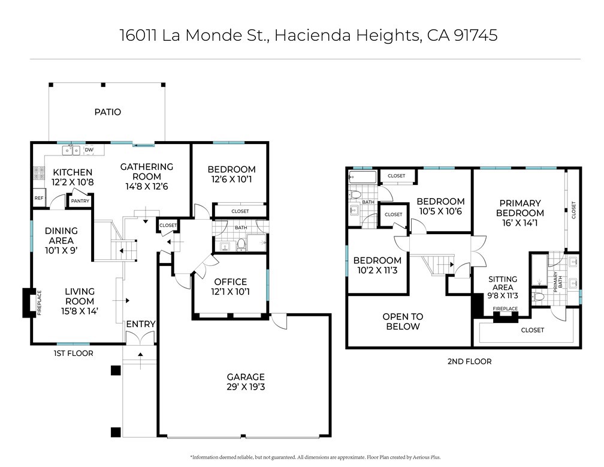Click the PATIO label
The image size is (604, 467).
coord(107,112)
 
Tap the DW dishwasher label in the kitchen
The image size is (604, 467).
coord(89,150)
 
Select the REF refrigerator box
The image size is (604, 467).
coord(39,198)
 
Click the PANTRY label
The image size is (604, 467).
coord(80,201)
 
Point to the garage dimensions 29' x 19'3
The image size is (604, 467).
coord(246,387)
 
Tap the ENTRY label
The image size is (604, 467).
coord(141,324)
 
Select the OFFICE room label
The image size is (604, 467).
coord(231,282)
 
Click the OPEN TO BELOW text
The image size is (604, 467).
coord(403,322)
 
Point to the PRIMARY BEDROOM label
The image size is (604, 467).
coord(520,208)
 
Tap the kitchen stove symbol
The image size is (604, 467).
coord(38,173)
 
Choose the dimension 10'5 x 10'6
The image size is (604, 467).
coord(440,211)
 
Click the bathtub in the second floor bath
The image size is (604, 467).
coord(361,178)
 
